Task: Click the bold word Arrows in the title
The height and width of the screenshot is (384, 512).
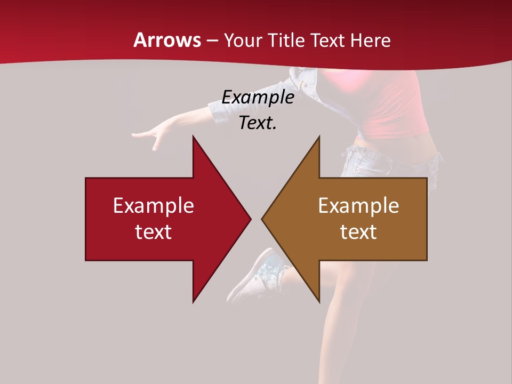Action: (x=167, y=40)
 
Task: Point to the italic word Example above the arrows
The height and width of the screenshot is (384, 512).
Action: (x=258, y=97)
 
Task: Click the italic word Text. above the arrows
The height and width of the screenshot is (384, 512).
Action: (x=258, y=123)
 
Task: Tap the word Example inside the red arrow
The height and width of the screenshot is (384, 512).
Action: (x=154, y=205)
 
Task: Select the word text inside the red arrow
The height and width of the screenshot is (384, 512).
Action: (x=154, y=231)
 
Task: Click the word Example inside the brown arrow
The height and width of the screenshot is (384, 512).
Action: (x=358, y=205)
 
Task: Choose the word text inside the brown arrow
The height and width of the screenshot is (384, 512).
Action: (x=358, y=231)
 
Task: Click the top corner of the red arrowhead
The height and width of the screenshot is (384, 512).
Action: (x=194, y=138)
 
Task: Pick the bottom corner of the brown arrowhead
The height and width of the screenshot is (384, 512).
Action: (x=319, y=301)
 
